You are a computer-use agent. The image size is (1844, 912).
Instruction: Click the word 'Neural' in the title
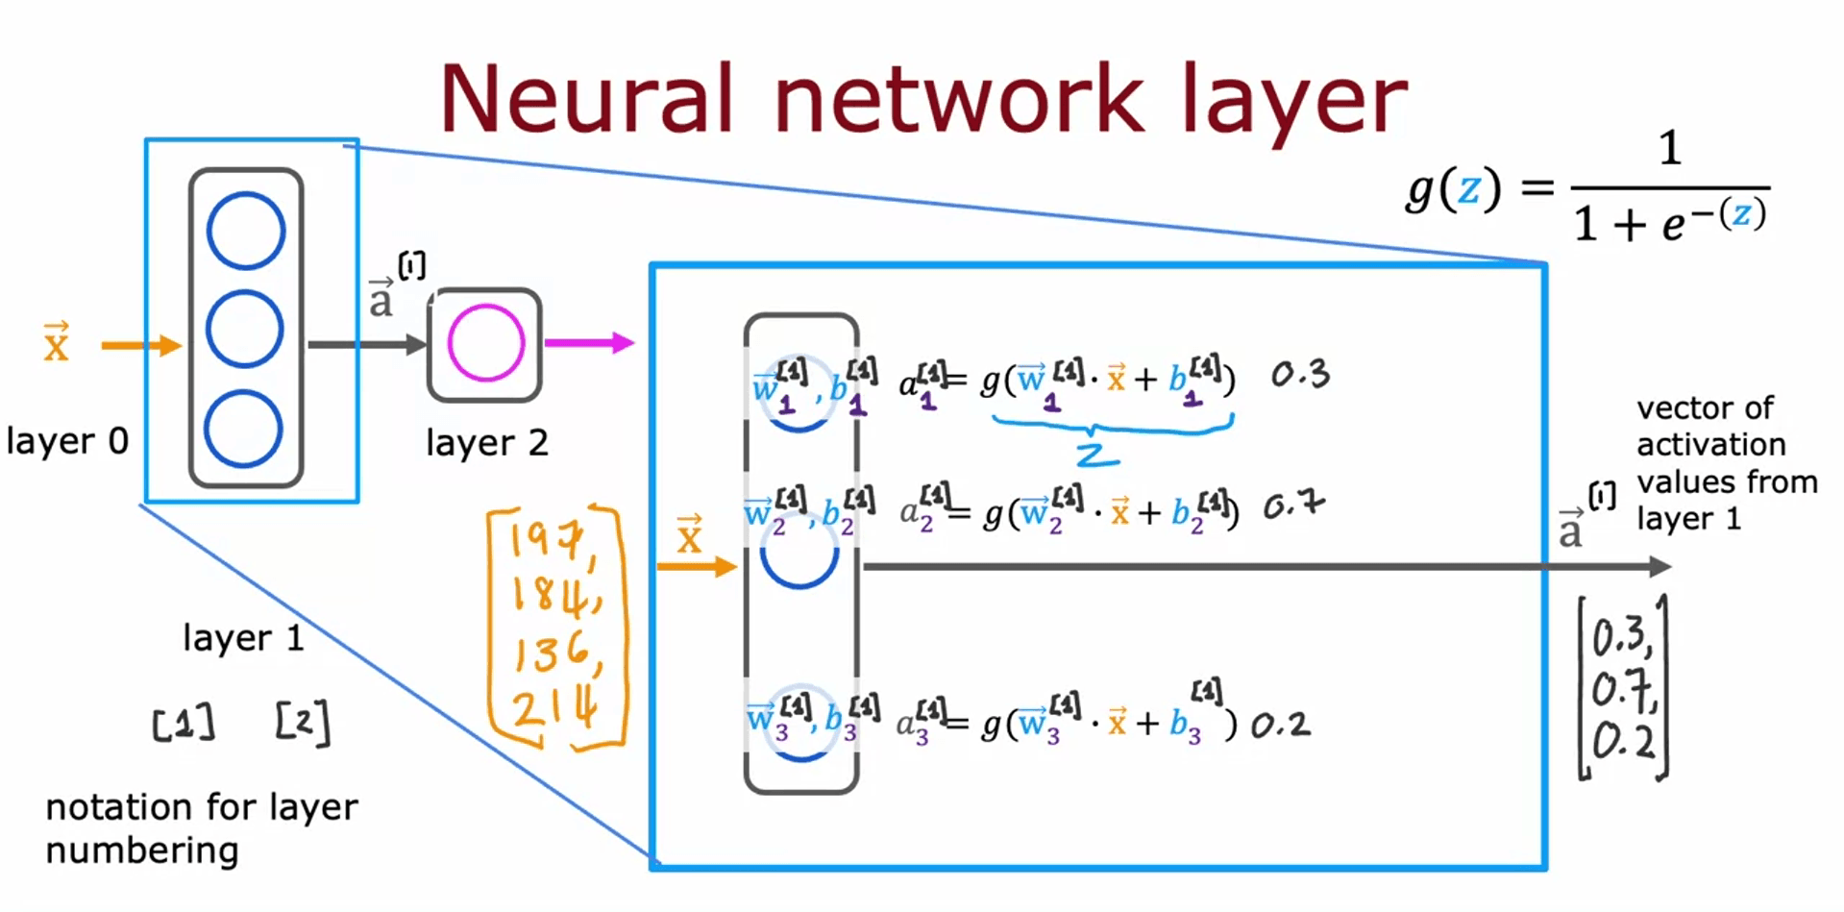[586, 99]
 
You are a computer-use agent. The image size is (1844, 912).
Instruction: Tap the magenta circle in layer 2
[486, 343]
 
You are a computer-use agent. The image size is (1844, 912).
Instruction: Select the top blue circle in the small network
[246, 231]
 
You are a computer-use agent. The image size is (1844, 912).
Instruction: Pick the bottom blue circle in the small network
[243, 429]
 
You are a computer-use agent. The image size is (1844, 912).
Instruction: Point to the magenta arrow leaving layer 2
[589, 342]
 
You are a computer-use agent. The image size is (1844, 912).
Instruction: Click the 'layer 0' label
[67, 441]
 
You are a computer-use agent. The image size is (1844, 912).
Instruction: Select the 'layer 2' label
[486, 443]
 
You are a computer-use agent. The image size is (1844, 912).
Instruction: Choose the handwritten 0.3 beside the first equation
[1300, 374]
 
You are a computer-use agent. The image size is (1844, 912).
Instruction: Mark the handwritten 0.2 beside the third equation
[1280, 725]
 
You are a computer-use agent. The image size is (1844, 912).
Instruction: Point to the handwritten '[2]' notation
[303, 722]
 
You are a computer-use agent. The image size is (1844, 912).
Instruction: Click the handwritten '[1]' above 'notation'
[184, 724]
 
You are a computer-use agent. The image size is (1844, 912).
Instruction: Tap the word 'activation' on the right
[1710, 445]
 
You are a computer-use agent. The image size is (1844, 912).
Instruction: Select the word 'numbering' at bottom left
[142, 850]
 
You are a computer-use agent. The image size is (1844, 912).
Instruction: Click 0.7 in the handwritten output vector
[1623, 690]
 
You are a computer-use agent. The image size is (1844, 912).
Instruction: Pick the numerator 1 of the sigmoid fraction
[1670, 149]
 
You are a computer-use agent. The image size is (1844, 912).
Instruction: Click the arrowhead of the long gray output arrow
[1660, 567]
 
